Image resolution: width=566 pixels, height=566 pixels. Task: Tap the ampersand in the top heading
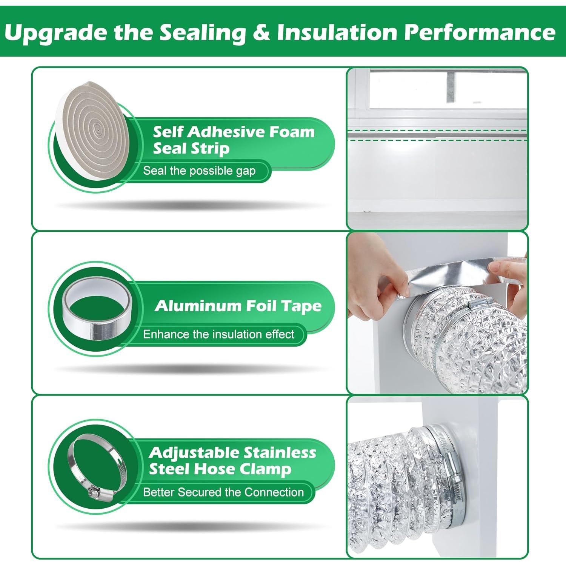[261, 32]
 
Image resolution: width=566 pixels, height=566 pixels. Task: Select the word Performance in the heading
[480, 32]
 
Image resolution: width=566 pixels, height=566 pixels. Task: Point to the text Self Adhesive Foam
[234, 132]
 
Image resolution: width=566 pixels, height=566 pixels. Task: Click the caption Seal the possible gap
[199, 171]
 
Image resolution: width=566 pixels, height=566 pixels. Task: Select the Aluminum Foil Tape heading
[238, 306]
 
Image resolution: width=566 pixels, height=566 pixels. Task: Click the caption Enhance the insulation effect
[218, 334]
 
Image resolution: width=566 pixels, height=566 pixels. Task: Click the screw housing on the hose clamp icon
[94, 492]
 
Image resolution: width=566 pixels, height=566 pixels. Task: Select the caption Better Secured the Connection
[223, 492]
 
